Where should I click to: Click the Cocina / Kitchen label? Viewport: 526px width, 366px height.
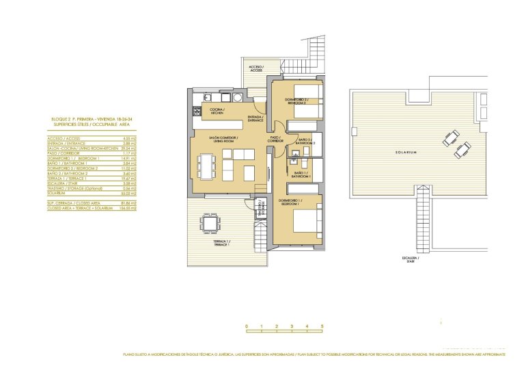(217, 111)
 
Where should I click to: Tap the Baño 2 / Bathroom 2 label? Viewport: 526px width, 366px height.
(305, 142)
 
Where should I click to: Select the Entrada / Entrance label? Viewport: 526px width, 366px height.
(255, 118)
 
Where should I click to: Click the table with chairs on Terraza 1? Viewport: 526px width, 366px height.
(210, 223)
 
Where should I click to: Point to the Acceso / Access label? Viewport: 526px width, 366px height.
(256, 68)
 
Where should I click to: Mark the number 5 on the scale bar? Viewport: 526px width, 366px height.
(322, 326)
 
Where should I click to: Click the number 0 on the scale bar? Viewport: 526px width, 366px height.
(247, 326)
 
